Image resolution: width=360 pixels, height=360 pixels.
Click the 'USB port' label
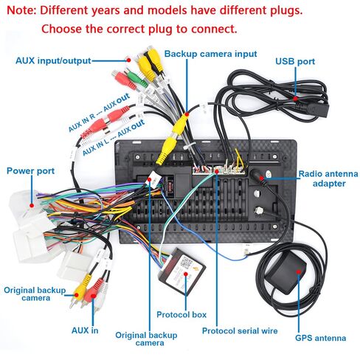tap(295, 61)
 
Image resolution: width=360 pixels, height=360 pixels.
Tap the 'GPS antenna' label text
tap(320, 338)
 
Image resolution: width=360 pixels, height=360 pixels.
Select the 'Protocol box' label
tap(181, 314)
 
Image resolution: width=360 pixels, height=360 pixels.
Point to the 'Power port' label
tap(30, 171)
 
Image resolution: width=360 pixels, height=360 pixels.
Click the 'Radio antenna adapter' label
tap(328, 179)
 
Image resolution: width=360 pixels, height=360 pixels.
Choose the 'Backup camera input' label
tap(211, 54)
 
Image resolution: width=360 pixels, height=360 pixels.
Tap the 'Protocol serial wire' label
tap(240, 330)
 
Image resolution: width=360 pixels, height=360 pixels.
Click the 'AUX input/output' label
tap(53, 60)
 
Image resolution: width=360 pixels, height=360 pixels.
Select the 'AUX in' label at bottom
tap(85, 330)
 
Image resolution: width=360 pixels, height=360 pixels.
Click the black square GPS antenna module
tap(285, 272)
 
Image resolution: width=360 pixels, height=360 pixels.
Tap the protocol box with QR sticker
tap(182, 271)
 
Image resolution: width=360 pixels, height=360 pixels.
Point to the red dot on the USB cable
tap(296, 98)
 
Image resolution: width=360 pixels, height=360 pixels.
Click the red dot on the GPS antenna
tap(298, 271)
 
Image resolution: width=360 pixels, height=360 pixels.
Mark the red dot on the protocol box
tap(186, 274)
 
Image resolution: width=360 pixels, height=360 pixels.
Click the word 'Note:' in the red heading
tap(21, 10)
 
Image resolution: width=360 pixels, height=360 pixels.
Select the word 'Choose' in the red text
tap(61, 29)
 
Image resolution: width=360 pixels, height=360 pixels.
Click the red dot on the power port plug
tap(32, 205)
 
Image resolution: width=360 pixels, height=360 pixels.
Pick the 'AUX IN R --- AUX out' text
tap(99, 112)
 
